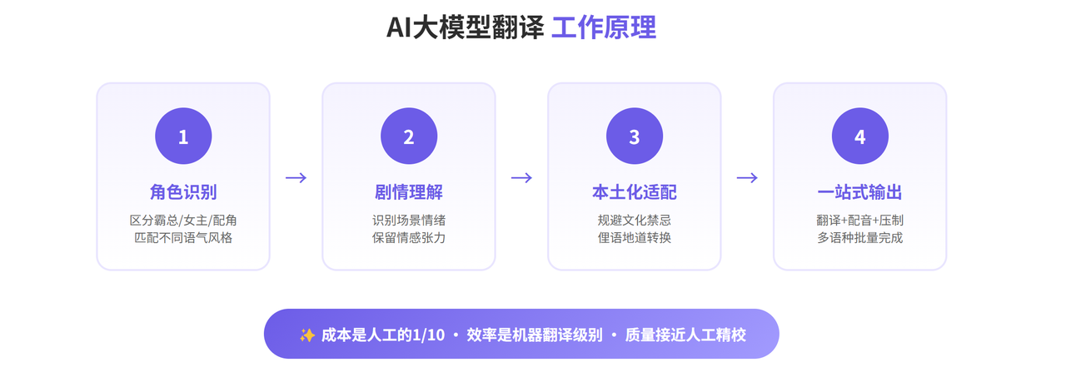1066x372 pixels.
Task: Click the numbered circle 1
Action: tap(183, 136)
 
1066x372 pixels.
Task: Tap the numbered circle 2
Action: tap(409, 136)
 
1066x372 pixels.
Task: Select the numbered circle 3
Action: tap(635, 136)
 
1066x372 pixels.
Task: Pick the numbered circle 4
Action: tap(860, 136)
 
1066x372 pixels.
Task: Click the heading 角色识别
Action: tap(183, 192)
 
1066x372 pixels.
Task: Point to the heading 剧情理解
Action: tap(409, 192)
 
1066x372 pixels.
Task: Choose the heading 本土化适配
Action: tap(635, 192)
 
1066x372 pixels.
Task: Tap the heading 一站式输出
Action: tap(860, 192)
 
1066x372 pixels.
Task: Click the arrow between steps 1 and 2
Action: tap(296, 177)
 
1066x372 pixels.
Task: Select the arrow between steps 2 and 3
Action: tap(521, 177)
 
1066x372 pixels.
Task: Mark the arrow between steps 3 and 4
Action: tap(747, 177)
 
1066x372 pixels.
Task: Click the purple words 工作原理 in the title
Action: tap(604, 27)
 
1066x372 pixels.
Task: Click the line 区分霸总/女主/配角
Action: tap(183, 221)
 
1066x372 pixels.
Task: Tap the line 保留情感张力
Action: tap(409, 238)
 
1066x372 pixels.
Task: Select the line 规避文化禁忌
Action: tap(635, 221)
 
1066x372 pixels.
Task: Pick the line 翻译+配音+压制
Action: tap(860, 221)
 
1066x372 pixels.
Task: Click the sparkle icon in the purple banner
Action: tap(306, 335)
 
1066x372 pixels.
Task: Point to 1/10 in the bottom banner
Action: tap(428, 335)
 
